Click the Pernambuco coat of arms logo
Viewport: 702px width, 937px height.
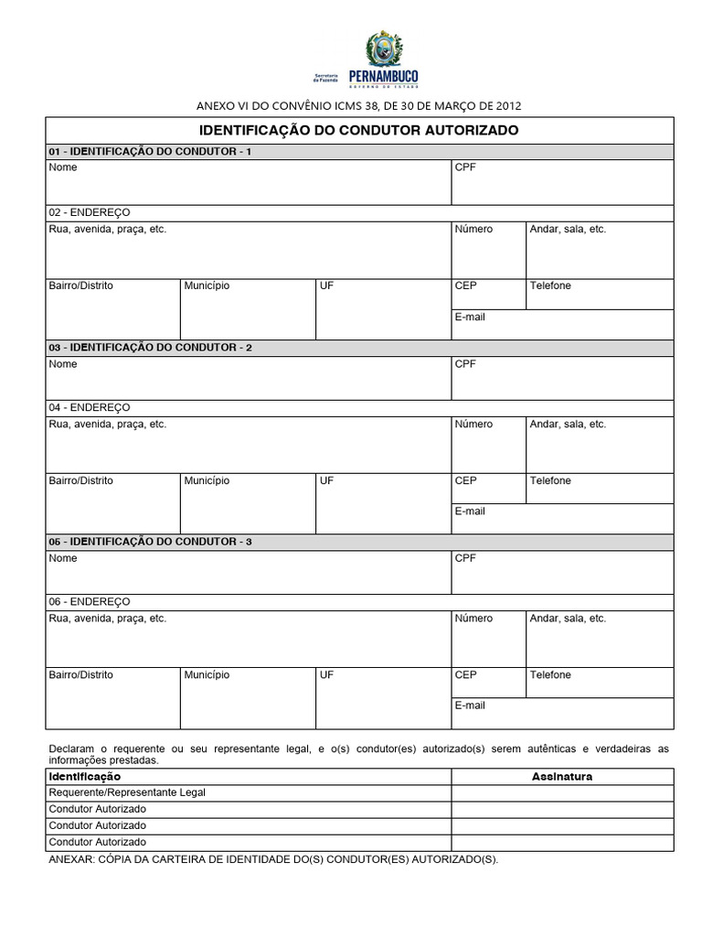[x=382, y=49]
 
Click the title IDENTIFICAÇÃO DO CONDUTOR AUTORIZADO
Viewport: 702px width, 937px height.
[x=358, y=131]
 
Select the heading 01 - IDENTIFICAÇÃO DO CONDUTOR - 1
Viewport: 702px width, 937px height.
[x=150, y=152]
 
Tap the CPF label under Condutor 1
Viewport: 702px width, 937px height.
[x=465, y=167]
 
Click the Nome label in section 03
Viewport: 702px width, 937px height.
[x=63, y=364]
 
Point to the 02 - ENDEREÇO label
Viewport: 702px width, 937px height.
[x=90, y=212]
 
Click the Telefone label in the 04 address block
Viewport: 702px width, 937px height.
[x=550, y=481]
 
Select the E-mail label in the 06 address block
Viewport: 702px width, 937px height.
[x=470, y=705]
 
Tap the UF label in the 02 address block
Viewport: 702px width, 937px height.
[x=326, y=285]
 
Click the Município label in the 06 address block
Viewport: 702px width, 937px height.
[x=207, y=675]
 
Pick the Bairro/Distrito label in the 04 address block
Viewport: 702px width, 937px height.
[x=81, y=481]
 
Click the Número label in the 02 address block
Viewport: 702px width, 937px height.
[x=473, y=229]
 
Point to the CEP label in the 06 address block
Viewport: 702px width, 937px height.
[x=465, y=675]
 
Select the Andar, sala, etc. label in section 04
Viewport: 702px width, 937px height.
[x=568, y=425]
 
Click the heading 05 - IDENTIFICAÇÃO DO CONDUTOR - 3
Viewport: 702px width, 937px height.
[x=150, y=542]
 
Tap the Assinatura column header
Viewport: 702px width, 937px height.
[x=562, y=777]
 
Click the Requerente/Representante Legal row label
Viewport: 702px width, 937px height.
[x=127, y=792]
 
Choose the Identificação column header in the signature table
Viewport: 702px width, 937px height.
[x=84, y=777]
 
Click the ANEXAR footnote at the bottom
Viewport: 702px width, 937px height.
[x=273, y=860]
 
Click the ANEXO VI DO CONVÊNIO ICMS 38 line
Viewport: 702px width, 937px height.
[x=360, y=105]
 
